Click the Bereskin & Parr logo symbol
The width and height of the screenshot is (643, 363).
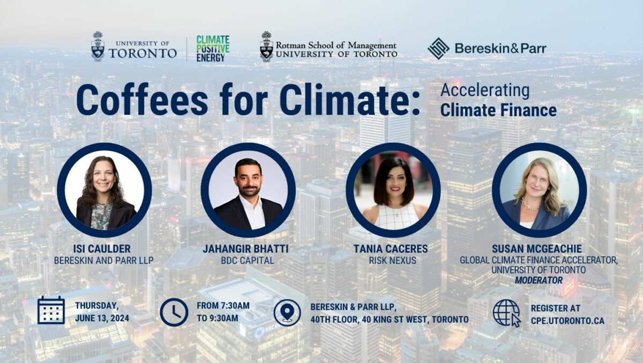[x=438, y=48]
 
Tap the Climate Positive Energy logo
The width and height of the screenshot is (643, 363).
[x=213, y=48]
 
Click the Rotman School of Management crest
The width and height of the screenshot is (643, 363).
[x=266, y=47]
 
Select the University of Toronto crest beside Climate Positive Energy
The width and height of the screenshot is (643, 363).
[x=98, y=46]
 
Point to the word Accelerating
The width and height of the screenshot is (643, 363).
[x=484, y=90]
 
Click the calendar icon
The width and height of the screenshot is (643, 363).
[x=51, y=310]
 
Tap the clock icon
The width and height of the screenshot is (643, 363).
[x=174, y=312]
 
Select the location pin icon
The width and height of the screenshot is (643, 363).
[x=287, y=313]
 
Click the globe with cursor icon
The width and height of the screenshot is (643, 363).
[x=506, y=313]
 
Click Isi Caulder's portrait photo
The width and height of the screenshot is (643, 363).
[x=104, y=190]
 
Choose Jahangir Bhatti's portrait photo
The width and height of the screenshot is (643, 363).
[x=248, y=190]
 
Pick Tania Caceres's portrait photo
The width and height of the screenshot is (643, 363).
[x=393, y=190]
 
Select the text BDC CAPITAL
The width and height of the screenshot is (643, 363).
[x=248, y=261]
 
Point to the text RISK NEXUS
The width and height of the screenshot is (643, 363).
[x=393, y=261]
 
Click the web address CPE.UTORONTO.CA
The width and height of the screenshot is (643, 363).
[x=567, y=321]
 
